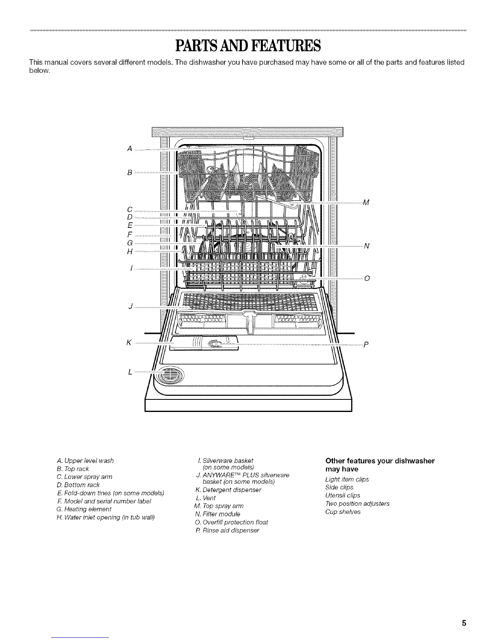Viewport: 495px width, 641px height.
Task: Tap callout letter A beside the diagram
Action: click(x=129, y=149)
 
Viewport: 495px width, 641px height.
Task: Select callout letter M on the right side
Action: click(x=366, y=202)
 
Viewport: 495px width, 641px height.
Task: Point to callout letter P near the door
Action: click(x=366, y=345)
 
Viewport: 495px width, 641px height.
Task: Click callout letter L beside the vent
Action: click(x=130, y=372)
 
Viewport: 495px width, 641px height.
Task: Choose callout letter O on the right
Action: click(x=367, y=278)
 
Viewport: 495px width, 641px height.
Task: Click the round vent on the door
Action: click(x=170, y=375)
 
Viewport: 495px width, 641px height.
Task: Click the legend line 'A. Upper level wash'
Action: click(x=85, y=461)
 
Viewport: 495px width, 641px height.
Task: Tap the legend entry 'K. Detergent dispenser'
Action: click(x=228, y=490)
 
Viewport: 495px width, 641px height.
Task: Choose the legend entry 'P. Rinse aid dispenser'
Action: click(x=226, y=530)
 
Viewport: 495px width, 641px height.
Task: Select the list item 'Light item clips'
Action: click(x=347, y=479)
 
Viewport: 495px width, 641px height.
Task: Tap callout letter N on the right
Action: click(x=366, y=246)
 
